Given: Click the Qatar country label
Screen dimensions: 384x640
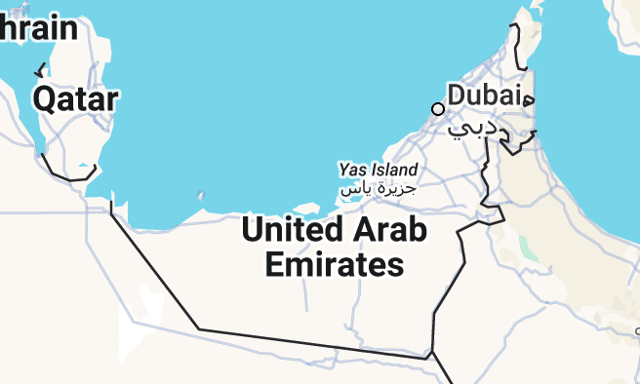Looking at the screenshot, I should click(75, 98).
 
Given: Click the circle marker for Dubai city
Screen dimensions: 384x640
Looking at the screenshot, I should click(438, 108).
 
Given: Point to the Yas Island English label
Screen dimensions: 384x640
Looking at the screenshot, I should click(379, 170).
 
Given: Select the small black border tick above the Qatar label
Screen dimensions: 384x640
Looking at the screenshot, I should click(40, 70).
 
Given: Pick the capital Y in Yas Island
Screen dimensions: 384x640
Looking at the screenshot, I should click(344, 170).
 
